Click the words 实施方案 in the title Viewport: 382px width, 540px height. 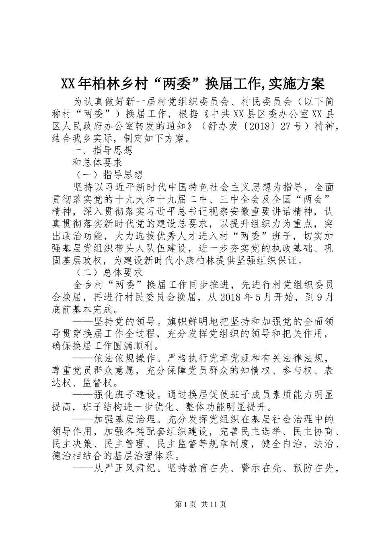[x=296, y=84]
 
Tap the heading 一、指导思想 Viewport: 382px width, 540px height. [x=102, y=151]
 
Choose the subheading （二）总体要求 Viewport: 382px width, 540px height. [x=108, y=272]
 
